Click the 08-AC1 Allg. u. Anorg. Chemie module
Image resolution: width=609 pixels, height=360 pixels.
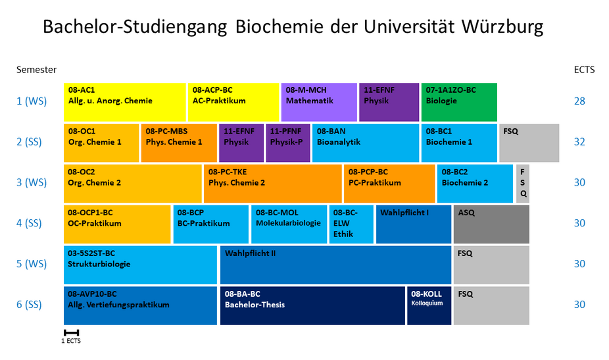pyautogui.click(x=125, y=102)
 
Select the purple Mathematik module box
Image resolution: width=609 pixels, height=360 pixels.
pyautogui.click(x=319, y=102)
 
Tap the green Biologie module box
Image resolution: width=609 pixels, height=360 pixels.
pyautogui.click(x=459, y=102)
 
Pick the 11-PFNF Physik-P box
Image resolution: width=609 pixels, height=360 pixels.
pyautogui.click(x=288, y=142)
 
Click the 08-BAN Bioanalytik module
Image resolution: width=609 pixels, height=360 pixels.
pyautogui.click(x=366, y=142)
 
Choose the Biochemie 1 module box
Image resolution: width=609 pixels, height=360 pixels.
pyautogui.click(x=459, y=142)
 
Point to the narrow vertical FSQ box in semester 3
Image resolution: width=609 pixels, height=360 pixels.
pyautogui.click(x=523, y=183)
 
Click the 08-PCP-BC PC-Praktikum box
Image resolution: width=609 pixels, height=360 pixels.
pyautogui.click(x=389, y=183)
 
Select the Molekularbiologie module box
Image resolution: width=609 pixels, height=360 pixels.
pyautogui.click(x=289, y=224)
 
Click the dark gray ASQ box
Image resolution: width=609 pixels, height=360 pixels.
pyautogui.click(x=491, y=224)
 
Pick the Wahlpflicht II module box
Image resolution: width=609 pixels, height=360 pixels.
pyautogui.click(x=335, y=265)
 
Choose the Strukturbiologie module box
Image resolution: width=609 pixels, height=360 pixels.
pyautogui.click(x=140, y=265)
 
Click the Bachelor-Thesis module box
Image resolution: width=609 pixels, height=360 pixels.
pyautogui.click(x=312, y=305)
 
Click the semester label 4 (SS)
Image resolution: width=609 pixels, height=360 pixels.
pyautogui.click(x=29, y=223)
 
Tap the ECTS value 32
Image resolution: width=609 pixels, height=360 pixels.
pyautogui.click(x=579, y=141)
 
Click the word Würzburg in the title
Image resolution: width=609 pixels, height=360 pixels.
pyautogui.click(x=503, y=27)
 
